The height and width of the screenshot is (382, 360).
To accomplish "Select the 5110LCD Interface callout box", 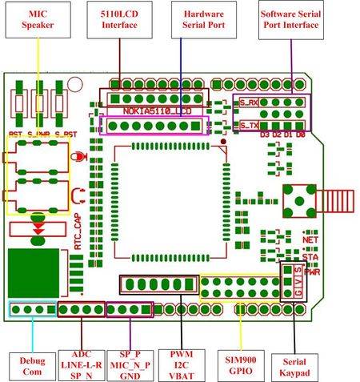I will [x=119, y=20].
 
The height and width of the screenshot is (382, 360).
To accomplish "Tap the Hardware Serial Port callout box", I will [x=204, y=20].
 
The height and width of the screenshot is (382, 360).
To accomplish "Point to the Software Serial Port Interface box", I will [x=290, y=20].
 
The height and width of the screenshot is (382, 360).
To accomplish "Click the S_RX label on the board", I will [x=248, y=103].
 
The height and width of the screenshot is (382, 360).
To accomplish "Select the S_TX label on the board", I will [x=248, y=126].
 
